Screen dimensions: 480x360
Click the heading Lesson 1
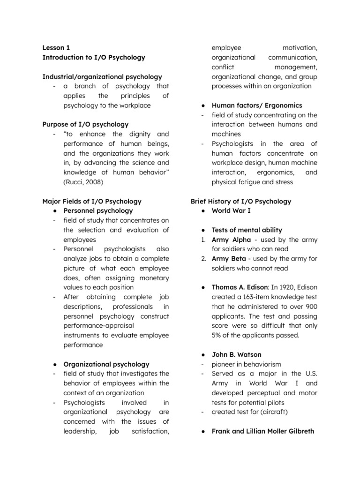[56, 47]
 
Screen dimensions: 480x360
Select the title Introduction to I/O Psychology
[94, 57]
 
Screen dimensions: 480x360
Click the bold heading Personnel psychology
[98, 210]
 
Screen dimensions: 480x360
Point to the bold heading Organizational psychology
[106, 364]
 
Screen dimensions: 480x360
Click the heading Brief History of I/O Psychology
[240, 201]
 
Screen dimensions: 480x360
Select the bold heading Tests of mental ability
[247, 230]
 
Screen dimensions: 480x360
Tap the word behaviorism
[262, 364]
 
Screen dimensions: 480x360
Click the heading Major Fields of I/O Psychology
[91, 201]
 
